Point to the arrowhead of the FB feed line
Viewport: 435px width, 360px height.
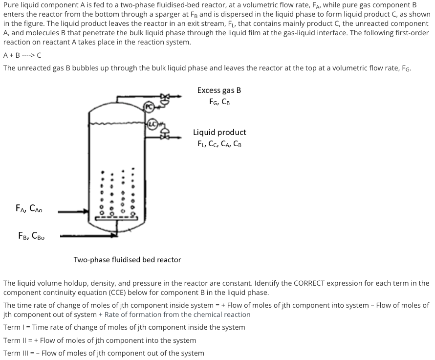[x=114, y=236]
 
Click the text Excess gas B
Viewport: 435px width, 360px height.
[x=219, y=90]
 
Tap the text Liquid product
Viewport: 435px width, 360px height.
[x=219, y=132]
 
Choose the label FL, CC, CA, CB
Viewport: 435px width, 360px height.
[x=219, y=144]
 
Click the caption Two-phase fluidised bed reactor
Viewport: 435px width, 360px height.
[x=127, y=260]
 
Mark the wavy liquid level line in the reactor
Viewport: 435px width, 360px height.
[x=117, y=123]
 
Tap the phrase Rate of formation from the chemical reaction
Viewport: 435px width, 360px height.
[x=177, y=315]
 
